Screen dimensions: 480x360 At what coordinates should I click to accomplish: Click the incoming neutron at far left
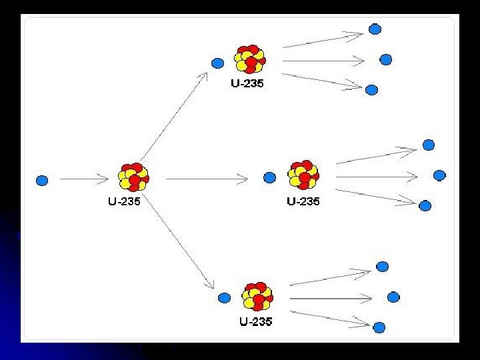tap(42, 180)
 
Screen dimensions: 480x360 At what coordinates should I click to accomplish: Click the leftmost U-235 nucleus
tap(133, 177)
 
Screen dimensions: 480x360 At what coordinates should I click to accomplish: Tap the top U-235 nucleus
tap(250, 59)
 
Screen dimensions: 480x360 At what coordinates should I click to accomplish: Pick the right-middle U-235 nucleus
tap(304, 175)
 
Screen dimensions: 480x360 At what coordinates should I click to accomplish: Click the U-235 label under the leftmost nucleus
tap(125, 201)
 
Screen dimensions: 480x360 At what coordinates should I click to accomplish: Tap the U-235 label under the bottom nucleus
tap(256, 321)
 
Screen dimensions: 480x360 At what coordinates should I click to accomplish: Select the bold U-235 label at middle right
tap(303, 201)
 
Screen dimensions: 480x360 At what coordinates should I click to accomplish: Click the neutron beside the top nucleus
tap(217, 63)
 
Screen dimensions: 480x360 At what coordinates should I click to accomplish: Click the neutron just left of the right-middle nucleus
tap(269, 177)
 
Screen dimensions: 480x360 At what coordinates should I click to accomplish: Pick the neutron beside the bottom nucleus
tap(225, 297)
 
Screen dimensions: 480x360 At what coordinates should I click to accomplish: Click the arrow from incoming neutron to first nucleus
tap(83, 179)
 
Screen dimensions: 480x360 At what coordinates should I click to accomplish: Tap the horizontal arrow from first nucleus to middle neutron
tap(207, 179)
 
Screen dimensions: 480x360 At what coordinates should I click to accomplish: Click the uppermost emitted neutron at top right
tap(375, 29)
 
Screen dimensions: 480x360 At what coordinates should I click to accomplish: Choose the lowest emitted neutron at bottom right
tap(379, 327)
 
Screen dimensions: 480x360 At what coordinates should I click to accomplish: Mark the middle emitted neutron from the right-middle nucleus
tap(439, 175)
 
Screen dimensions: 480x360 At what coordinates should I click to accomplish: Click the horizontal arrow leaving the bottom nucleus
tap(330, 297)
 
